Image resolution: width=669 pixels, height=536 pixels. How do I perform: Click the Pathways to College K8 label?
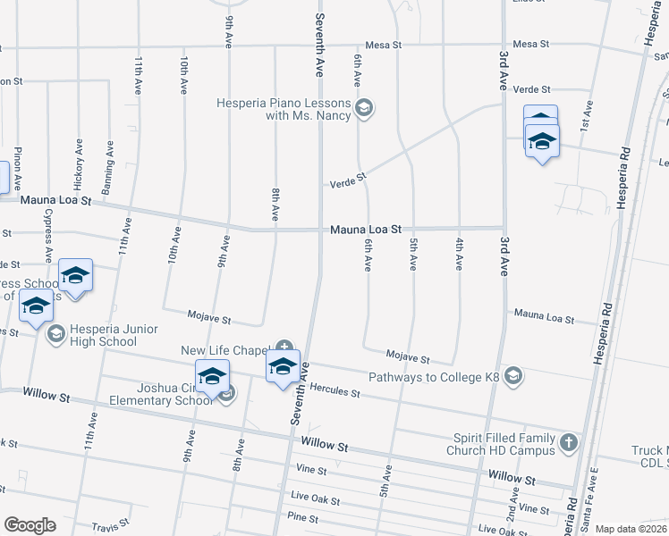coord(433,378)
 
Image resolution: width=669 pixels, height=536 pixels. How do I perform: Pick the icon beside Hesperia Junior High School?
coord(55,333)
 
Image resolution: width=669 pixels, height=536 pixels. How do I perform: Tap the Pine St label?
coord(303,517)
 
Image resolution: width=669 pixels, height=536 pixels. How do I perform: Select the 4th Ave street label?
coord(459,253)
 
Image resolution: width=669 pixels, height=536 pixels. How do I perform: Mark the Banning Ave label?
coord(109,161)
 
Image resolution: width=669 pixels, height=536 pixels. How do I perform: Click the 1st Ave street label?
coord(588,116)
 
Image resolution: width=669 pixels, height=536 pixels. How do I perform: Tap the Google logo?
coord(30,525)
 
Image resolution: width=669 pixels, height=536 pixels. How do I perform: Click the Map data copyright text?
coord(630,529)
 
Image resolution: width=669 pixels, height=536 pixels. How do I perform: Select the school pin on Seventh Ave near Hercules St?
coord(283,367)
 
